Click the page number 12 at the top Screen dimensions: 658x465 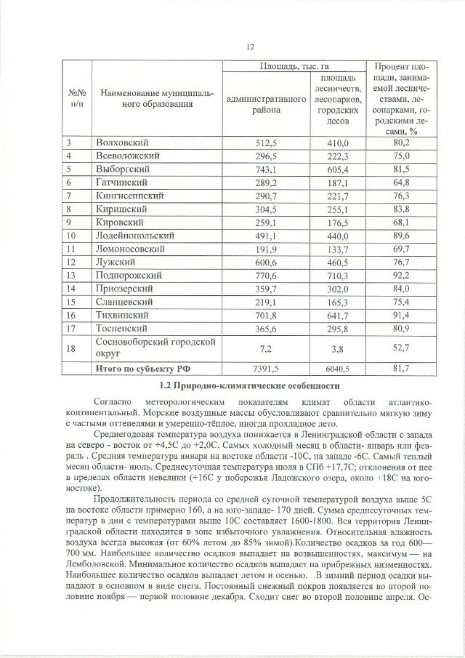248,47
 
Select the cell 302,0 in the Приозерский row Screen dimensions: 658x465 337,289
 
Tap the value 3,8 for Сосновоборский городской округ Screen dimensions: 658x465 337,348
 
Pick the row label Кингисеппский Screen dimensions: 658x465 130,196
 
